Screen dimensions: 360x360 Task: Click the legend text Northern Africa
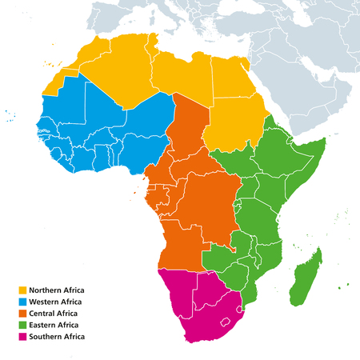point(57,290)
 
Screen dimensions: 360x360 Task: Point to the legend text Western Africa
point(56,302)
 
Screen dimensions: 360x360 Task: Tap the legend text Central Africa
point(54,314)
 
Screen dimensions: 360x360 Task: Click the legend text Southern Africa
point(57,338)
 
